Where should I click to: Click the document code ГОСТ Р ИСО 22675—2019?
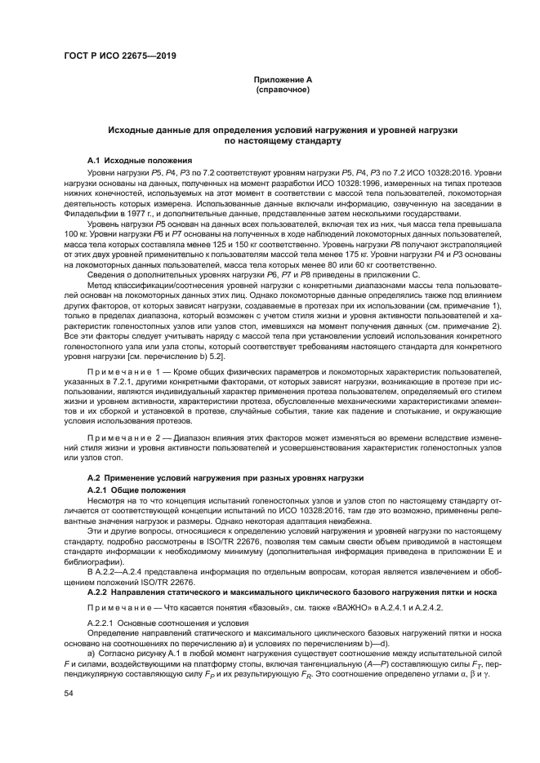[120, 56]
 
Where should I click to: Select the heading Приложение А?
[283, 79]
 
